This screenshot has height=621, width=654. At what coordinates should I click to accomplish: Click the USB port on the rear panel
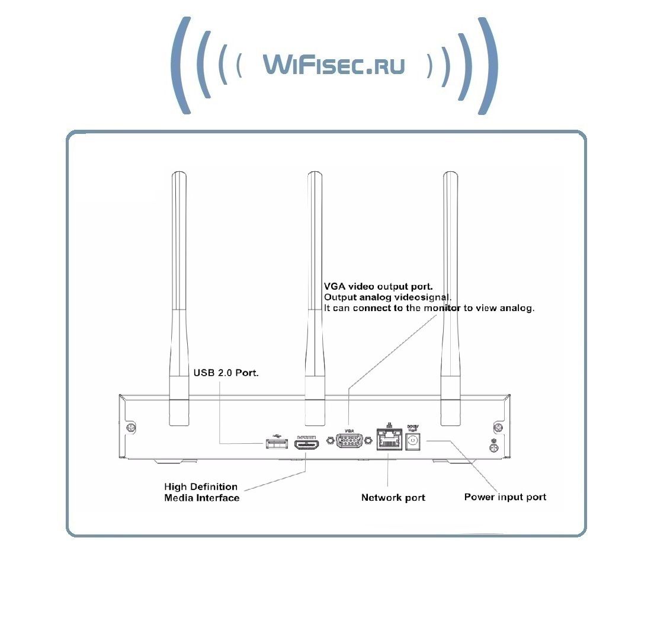point(273,443)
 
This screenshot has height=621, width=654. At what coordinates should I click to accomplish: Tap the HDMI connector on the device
point(307,443)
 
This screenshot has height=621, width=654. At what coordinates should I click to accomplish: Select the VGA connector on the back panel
point(350,441)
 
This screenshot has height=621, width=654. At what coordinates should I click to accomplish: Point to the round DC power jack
point(413,440)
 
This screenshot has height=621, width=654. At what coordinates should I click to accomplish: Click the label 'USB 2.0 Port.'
point(226,373)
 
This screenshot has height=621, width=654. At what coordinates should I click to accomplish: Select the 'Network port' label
point(393,498)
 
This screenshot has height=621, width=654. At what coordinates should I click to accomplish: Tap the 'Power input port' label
point(505,497)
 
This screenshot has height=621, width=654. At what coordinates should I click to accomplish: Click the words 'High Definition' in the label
point(201,487)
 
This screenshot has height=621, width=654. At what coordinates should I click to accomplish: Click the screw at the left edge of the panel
point(130,427)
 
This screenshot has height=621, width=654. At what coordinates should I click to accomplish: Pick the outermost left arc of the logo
point(179,65)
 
